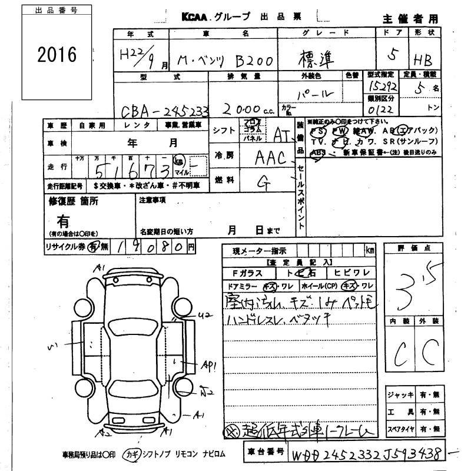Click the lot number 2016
click(x=57, y=55)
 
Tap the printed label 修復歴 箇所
click(x=73, y=201)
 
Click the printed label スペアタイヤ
click(x=401, y=428)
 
